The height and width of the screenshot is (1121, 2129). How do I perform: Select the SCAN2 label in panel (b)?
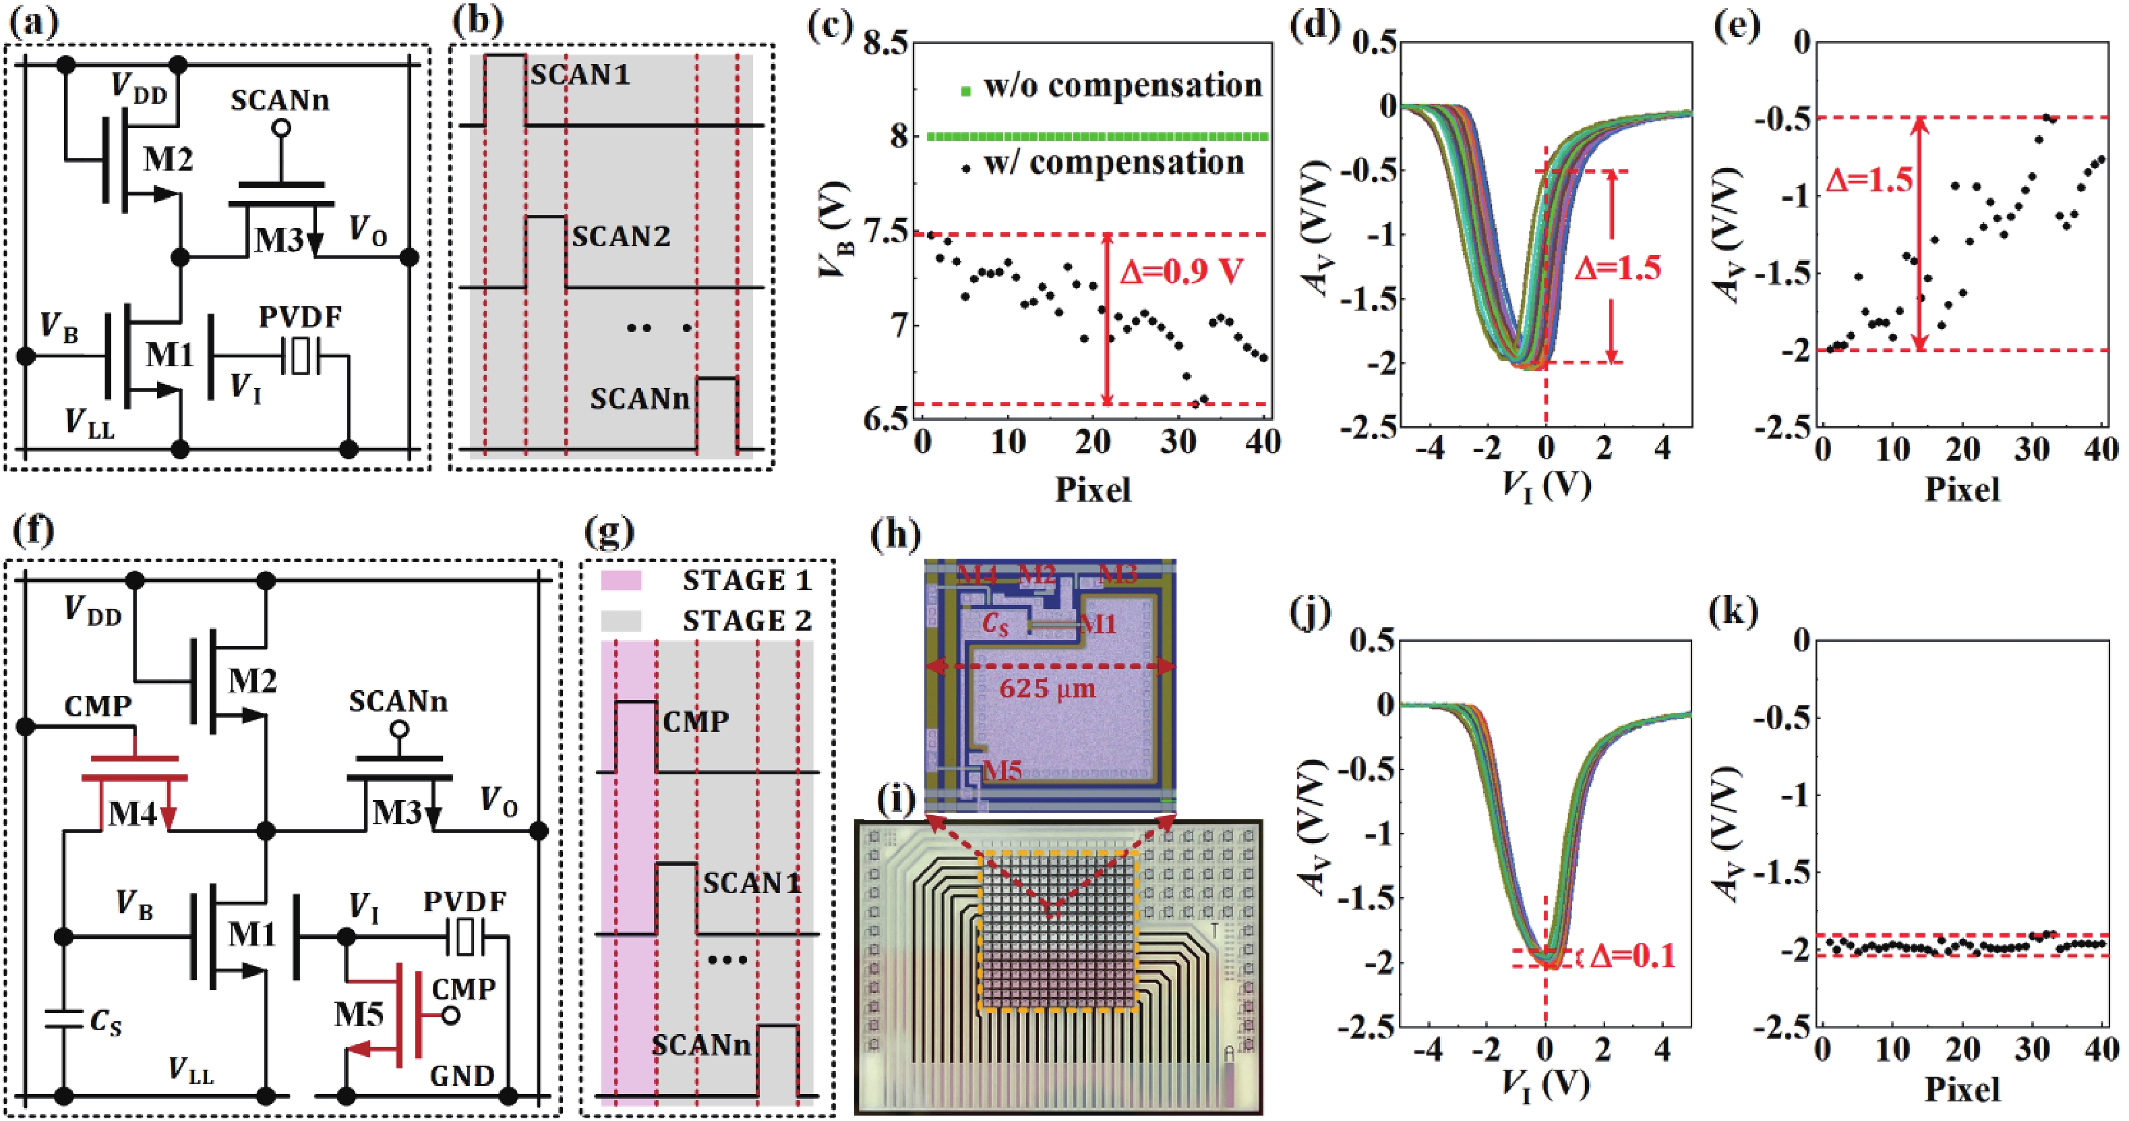coord(621,237)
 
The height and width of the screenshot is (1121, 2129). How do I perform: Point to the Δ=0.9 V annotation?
coord(1181,271)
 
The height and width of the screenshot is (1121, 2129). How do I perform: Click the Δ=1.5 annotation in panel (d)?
coord(1617,268)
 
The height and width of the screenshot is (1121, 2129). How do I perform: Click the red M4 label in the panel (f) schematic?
coord(132,813)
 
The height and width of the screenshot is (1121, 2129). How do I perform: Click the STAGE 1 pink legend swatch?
coord(621,579)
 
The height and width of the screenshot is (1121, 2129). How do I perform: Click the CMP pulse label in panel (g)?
coord(695,722)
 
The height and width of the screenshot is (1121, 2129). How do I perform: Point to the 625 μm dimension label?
coord(1047,689)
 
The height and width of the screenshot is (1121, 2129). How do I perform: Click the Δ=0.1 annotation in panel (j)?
coord(1632,956)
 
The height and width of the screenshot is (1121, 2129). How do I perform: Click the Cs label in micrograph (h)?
coord(996,626)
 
